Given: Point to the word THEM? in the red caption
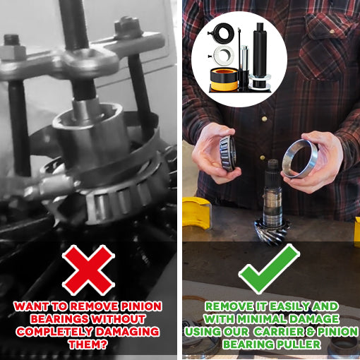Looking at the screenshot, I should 88,344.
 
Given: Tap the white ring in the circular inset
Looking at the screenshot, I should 224,56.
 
